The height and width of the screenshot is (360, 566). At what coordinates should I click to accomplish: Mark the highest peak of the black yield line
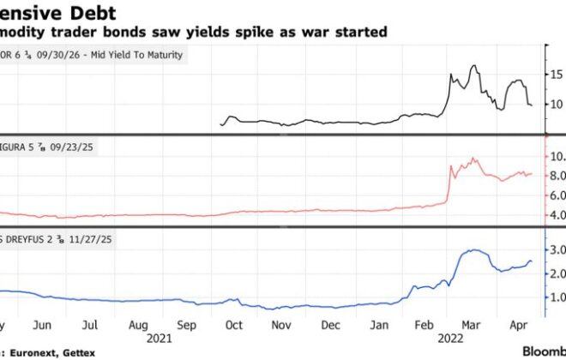coord(473,65)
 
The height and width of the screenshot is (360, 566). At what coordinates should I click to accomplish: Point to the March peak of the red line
coord(473,158)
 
